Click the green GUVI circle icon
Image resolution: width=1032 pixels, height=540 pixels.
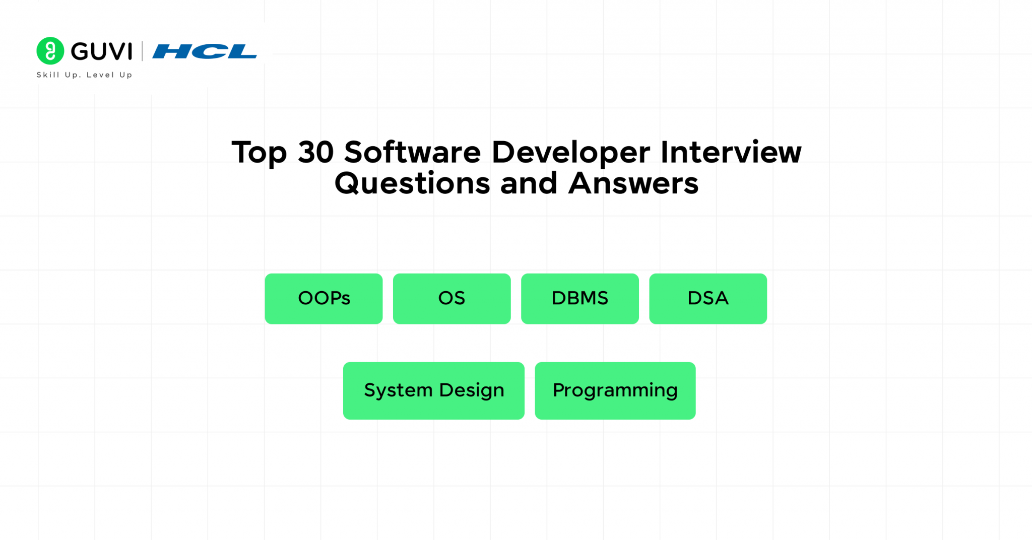tap(50, 51)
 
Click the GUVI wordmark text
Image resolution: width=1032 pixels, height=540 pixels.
tap(101, 51)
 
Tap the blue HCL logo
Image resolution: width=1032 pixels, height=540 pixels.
tap(205, 51)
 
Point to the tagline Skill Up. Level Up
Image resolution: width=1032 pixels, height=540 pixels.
tap(84, 75)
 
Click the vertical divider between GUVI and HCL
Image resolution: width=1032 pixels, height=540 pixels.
tap(142, 51)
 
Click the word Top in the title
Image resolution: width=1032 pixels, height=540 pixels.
tap(259, 152)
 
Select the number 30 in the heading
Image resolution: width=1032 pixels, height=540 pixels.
tap(316, 152)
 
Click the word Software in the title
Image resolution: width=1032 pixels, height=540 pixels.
tap(412, 152)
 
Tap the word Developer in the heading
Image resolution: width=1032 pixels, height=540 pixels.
tap(570, 152)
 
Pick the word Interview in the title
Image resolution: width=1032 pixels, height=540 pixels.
tap(731, 152)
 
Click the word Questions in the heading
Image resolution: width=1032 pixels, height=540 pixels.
tap(412, 183)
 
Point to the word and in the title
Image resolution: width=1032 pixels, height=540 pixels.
tap(529, 183)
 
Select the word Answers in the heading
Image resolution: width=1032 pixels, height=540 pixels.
tap(633, 183)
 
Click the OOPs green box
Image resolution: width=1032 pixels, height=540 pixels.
tap(324, 298)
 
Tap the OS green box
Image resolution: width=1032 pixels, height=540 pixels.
tap(451, 298)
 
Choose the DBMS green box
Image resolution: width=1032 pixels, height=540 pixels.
tap(579, 298)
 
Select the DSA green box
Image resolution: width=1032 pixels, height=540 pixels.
tap(708, 298)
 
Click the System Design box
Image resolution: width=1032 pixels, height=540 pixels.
tap(433, 390)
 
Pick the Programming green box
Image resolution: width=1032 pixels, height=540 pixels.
tap(615, 390)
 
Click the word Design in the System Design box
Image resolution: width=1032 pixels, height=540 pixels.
tap(472, 390)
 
